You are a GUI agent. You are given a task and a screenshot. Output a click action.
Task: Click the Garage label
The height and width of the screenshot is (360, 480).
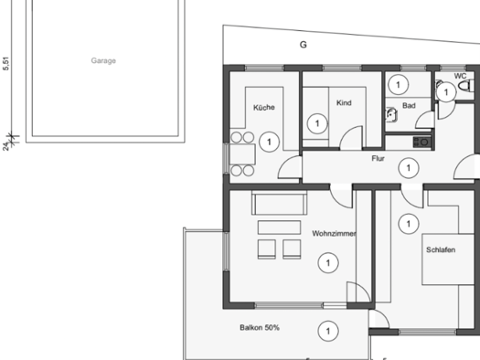tap(103, 61)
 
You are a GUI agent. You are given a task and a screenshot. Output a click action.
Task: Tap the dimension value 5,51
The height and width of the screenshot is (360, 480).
tap(6, 64)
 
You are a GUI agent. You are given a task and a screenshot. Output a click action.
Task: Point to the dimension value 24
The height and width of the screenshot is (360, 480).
tap(6, 144)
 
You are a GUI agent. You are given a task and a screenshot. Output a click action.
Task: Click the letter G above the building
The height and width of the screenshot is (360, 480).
tap(304, 44)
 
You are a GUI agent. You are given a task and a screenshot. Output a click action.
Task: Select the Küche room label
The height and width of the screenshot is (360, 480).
tap(264, 107)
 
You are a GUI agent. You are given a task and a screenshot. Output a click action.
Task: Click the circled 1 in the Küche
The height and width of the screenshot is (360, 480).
tap(268, 142)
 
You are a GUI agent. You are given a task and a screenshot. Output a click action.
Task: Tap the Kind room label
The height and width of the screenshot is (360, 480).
tap(344, 102)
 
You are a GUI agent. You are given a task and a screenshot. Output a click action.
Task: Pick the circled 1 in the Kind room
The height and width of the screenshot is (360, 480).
tap(316, 122)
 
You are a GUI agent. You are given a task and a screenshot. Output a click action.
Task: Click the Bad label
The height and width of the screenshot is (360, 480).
tap(409, 106)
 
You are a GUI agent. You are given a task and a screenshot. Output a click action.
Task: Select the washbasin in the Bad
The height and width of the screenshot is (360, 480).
tap(391, 115)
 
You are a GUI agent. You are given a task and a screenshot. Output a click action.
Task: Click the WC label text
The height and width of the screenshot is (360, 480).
tap(448, 76)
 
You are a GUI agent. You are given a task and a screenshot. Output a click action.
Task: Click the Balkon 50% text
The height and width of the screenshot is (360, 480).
tap(260, 327)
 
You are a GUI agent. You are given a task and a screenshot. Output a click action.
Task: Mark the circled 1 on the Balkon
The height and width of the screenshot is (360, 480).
tap(327, 330)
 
